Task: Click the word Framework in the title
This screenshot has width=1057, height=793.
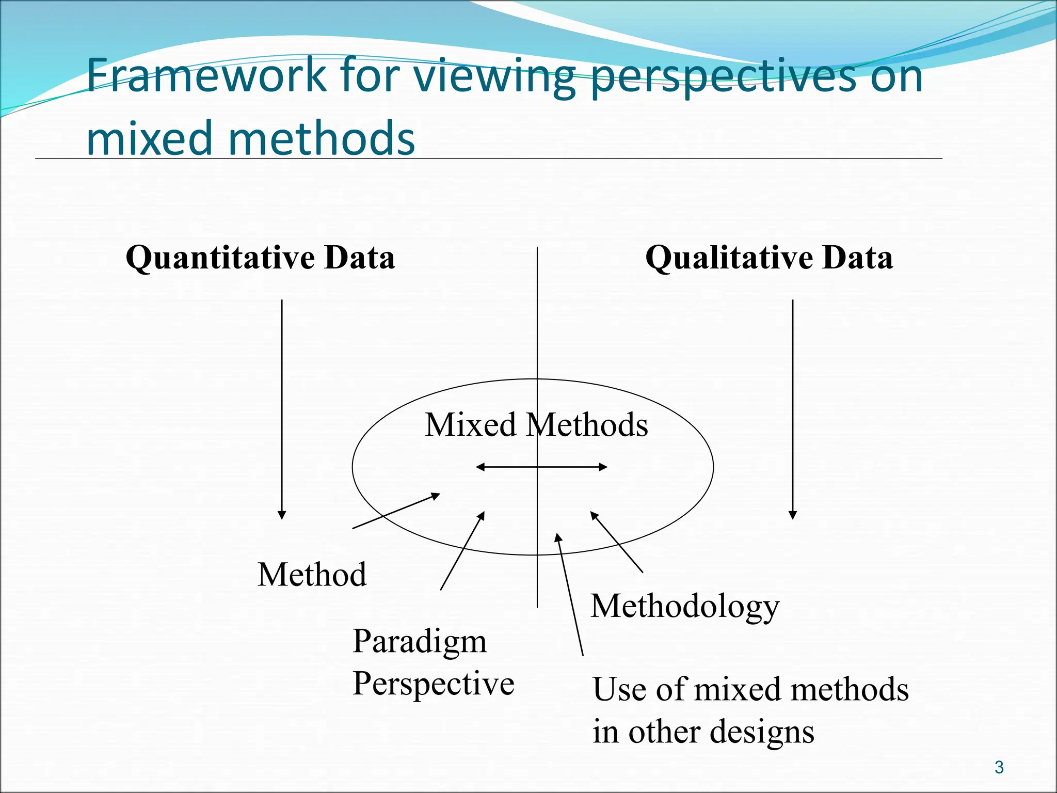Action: click(206, 76)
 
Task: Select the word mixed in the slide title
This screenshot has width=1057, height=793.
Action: click(150, 138)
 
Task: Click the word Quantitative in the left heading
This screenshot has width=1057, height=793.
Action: click(220, 258)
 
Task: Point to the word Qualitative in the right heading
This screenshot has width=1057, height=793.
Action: click(730, 258)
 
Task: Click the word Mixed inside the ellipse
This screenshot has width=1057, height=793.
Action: click(470, 425)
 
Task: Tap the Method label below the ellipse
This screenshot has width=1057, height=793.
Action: click(312, 575)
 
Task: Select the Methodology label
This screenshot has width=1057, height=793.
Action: click(685, 606)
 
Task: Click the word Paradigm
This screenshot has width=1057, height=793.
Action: click(420, 642)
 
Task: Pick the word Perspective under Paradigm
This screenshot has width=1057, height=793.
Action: click(433, 684)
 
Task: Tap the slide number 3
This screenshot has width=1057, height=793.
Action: click(999, 767)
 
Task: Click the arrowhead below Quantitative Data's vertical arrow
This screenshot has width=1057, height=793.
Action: click(282, 515)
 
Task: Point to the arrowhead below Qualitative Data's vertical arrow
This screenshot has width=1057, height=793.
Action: click(793, 515)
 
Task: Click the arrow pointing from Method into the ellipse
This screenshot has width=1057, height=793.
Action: click(396, 511)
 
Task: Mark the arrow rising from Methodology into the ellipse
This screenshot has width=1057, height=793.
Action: click(617, 542)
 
